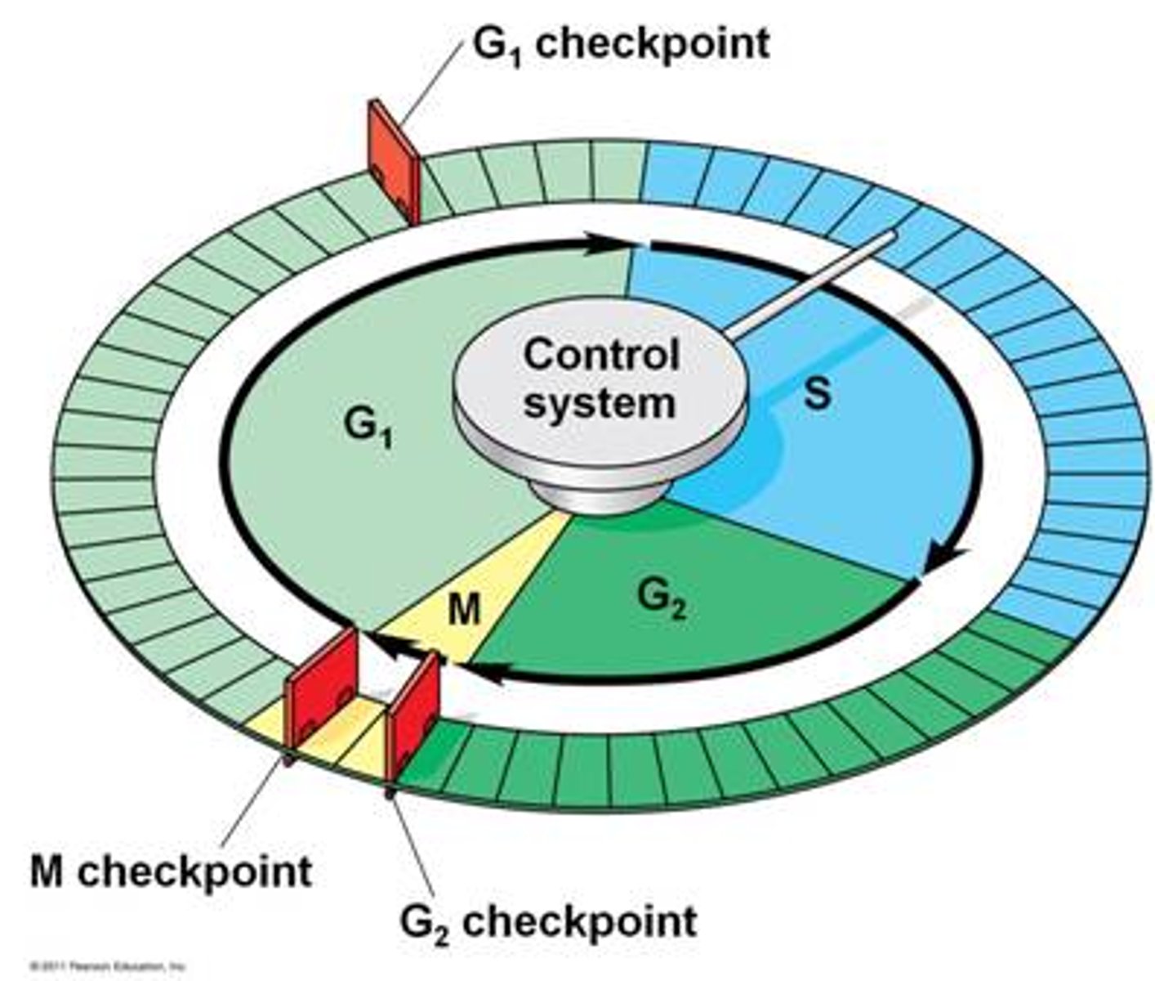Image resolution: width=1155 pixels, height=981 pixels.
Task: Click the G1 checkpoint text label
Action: (x=621, y=43)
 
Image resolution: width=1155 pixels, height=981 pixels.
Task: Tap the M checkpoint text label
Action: (x=171, y=871)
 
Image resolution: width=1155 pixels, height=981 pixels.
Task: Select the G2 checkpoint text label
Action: (x=548, y=921)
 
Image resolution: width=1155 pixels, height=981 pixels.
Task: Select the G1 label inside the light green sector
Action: (x=368, y=428)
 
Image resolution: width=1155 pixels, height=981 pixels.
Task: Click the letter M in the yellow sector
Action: (x=465, y=609)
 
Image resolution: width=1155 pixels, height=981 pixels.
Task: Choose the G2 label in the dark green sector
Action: (x=661, y=601)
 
